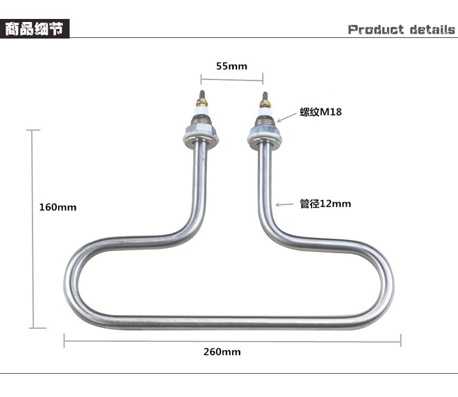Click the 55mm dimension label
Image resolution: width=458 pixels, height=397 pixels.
point(231,66)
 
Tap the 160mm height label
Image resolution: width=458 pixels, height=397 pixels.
point(58,207)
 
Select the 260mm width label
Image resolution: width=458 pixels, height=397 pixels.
point(222,352)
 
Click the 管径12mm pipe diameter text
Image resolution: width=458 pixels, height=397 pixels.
point(325,204)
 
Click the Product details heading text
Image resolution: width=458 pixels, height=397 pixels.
point(401,29)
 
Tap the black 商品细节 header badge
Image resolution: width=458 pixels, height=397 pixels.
point(35,29)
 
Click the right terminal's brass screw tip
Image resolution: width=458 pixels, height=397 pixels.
point(265,102)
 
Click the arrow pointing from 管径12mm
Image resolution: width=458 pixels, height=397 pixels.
point(283,204)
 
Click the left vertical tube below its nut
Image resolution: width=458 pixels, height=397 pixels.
point(201,184)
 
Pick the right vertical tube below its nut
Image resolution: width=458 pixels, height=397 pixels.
point(264,184)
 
